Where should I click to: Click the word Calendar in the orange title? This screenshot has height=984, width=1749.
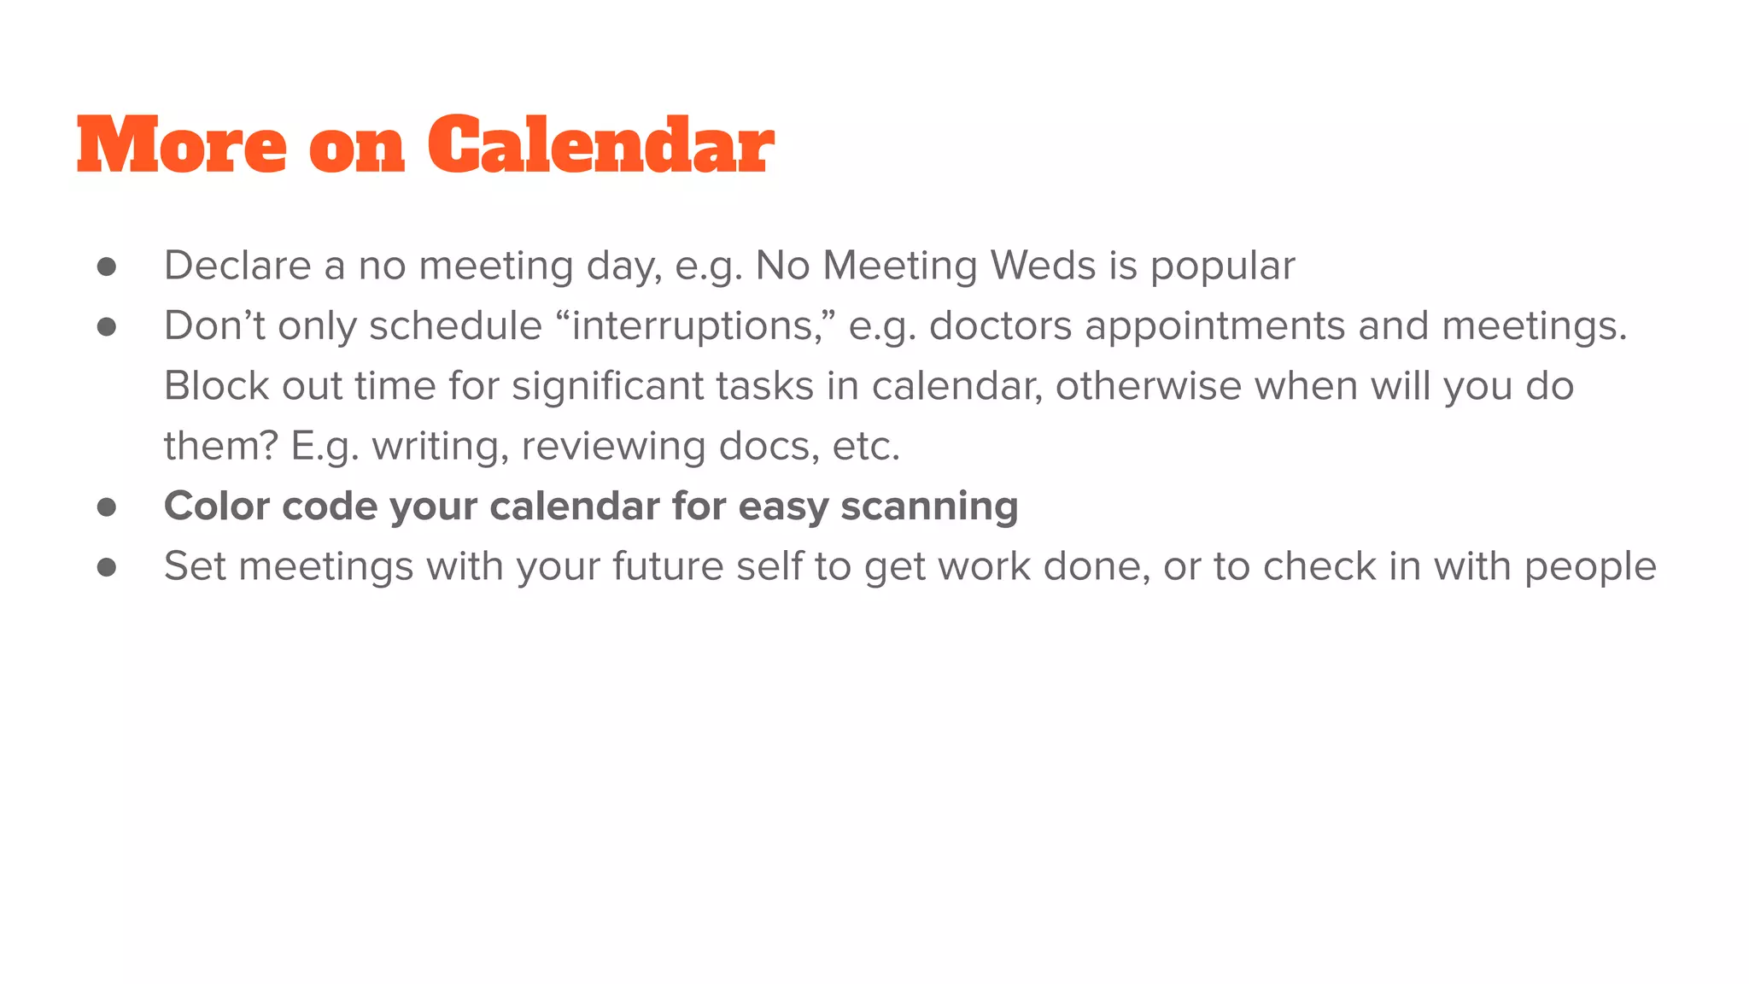coord(600,145)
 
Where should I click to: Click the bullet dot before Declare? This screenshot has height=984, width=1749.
coord(107,266)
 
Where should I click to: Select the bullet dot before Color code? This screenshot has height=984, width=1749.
coord(107,507)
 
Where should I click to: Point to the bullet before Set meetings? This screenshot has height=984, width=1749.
coord(107,567)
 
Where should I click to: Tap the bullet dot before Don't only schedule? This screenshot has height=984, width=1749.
coord(107,326)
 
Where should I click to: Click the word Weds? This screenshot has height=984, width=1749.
coord(1042,266)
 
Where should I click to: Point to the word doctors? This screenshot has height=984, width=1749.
coord(1000,325)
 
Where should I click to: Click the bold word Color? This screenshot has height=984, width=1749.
coord(217,507)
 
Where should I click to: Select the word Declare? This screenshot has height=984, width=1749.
coord(237,266)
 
